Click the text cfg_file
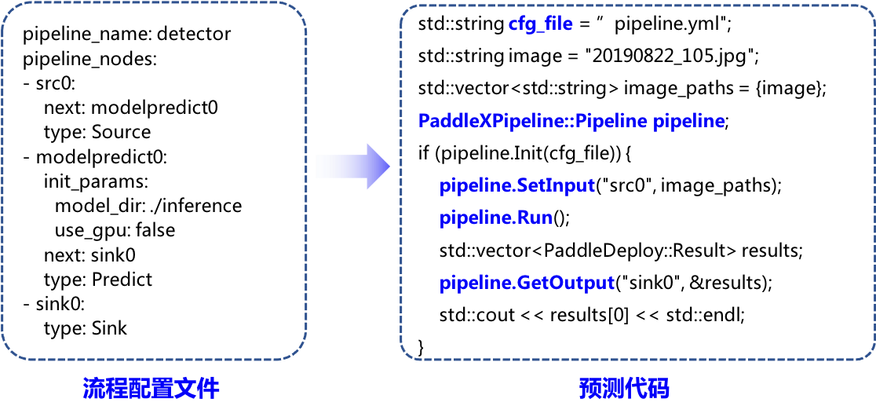click(x=540, y=24)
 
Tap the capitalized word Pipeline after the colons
click(x=609, y=122)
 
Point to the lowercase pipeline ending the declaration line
click(x=689, y=122)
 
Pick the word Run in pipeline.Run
click(x=535, y=218)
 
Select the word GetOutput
click(x=566, y=283)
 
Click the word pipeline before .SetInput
click(x=476, y=186)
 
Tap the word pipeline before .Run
click(x=476, y=218)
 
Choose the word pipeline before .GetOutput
click(x=476, y=283)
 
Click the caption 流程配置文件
click(x=151, y=388)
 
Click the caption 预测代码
click(x=625, y=388)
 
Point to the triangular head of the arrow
click(x=378, y=166)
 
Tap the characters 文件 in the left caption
click(x=197, y=388)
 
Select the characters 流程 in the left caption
click(x=106, y=388)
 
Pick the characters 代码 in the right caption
click(x=648, y=388)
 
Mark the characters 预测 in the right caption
click(x=602, y=388)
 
